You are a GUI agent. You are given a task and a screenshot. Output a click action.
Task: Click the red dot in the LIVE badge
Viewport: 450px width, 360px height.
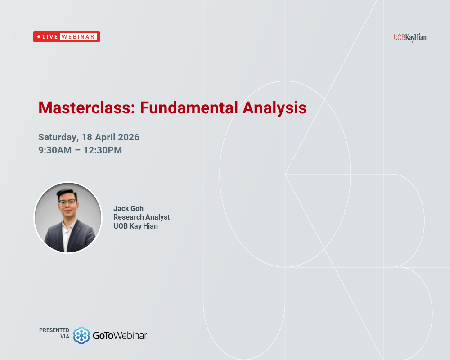pyautogui.click(x=39, y=37)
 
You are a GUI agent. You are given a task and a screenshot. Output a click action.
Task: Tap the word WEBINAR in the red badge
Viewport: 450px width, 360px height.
pyautogui.click(x=78, y=37)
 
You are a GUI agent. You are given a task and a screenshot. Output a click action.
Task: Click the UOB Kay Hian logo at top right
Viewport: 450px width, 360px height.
pyautogui.click(x=409, y=37)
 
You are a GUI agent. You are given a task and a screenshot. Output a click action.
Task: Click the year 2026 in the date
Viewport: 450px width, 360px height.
pyautogui.click(x=127, y=137)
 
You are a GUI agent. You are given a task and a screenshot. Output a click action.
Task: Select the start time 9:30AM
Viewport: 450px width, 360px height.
pyautogui.click(x=55, y=150)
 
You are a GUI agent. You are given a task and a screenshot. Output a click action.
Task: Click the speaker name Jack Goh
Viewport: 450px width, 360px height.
pyautogui.click(x=128, y=208)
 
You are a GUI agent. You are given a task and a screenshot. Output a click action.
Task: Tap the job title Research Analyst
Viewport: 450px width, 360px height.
pyautogui.click(x=141, y=217)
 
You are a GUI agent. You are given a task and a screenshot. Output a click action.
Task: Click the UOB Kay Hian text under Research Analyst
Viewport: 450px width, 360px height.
pyautogui.click(x=135, y=226)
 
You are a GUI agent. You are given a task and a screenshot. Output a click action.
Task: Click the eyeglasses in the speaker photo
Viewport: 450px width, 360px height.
pyautogui.click(x=67, y=202)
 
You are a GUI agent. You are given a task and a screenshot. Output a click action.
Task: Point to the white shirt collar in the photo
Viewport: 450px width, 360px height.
pyautogui.click(x=67, y=227)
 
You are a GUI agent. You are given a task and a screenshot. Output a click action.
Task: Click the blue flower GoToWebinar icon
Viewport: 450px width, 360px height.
pyautogui.click(x=81, y=335)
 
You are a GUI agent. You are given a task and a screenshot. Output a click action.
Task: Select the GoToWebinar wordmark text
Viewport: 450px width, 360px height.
pyautogui.click(x=120, y=335)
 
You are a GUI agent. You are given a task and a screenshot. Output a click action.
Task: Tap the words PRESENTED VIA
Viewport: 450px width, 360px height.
pyautogui.click(x=54, y=333)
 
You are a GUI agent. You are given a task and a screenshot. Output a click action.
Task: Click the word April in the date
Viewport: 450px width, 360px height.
pyautogui.click(x=103, y=137)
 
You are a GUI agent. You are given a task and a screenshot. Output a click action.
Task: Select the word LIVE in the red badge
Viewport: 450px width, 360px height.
pyautogui.click(x=50, y=37)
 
